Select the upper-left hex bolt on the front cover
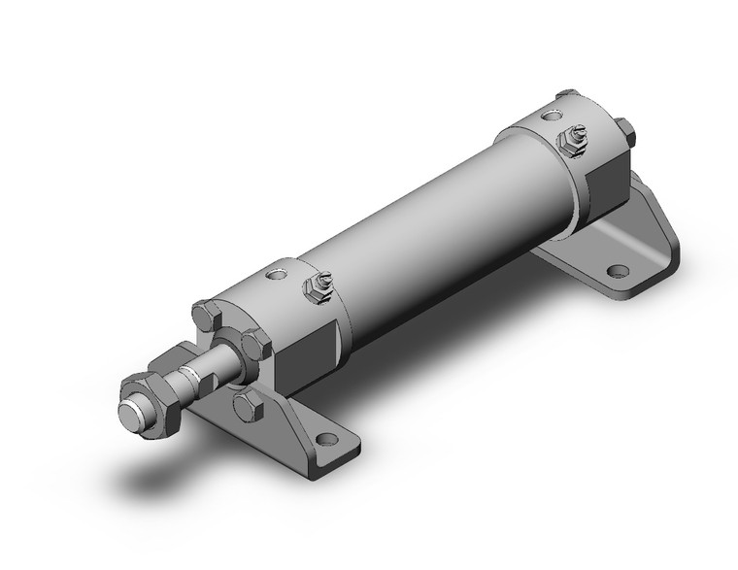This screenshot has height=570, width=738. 207,317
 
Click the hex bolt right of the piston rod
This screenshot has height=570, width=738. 255,344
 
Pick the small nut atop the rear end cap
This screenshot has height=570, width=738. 565,97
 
